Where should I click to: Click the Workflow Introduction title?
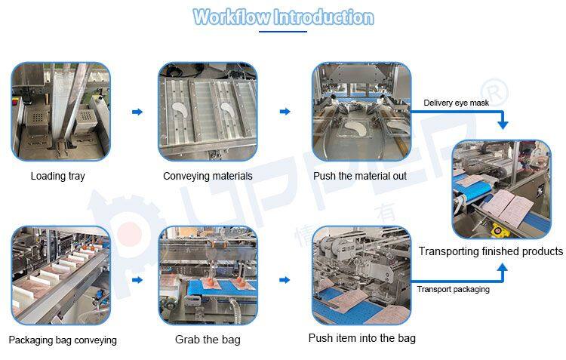click(x=283, y=17)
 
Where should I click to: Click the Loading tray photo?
click(x=60, y=112)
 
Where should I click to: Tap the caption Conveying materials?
click(x=208, y=176)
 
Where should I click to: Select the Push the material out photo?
click(x=361, y=112)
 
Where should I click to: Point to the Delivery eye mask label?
click(x=456, y=103)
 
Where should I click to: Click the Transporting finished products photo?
click(x=502, y=189)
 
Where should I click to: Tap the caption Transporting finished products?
click(x=491, y=251)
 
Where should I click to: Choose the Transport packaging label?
click(x=453, y=289)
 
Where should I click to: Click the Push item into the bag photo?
click(x=361, y=275)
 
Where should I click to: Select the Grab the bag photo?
click(x=208, y=275)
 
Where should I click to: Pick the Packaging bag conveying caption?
click(x=63, y=340)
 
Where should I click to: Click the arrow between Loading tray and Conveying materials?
click(x=137, y=112)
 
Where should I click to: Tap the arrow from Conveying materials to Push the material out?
click(x=285, y=112)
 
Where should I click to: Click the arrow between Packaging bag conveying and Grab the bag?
click(x=137, y=280)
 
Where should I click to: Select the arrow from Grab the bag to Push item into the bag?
click(x=285, y=280)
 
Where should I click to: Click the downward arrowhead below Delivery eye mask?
click(x=503, y=125)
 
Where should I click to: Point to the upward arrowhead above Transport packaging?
click(x=502, y=268)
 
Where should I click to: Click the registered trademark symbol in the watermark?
click(x=494, y=93)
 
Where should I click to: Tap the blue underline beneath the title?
click(x=283, y=32)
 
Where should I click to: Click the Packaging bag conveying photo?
click(x=60, y=275)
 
